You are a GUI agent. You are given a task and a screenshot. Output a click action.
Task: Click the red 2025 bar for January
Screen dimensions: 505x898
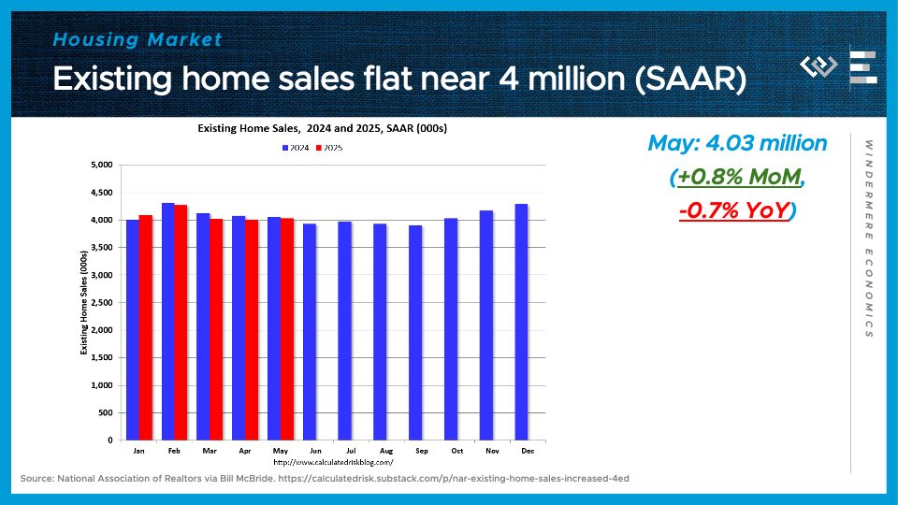click(x=145, y=327)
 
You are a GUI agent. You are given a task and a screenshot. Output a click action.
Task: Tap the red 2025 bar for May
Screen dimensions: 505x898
click(x=285, y=328)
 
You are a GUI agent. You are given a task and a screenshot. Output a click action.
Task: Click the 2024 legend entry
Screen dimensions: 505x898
click(x=297, y=148)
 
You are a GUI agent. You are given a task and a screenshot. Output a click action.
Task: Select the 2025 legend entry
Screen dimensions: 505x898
click(x=330, y=148)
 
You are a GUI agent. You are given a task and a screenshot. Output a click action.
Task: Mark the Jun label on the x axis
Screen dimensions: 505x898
click(x=310, y=451)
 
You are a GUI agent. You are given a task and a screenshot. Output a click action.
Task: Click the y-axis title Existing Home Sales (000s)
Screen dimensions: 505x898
click(x=83, y=302)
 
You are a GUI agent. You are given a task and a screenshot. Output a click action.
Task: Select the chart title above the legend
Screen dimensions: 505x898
click(x=315, y=128)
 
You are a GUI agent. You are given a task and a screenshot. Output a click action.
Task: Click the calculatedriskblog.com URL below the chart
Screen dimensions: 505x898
click(x=332, y=462)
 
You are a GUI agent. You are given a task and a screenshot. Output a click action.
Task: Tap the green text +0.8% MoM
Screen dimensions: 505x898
click(x=738, y=177)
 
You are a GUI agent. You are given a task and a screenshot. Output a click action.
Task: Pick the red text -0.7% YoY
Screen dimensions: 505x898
click(x=733, y=211)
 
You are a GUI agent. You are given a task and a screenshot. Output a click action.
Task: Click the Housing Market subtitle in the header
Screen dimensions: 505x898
click(x=138, y=39)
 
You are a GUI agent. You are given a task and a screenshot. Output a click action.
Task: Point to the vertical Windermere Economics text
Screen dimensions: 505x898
click(x=869, y=238)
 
